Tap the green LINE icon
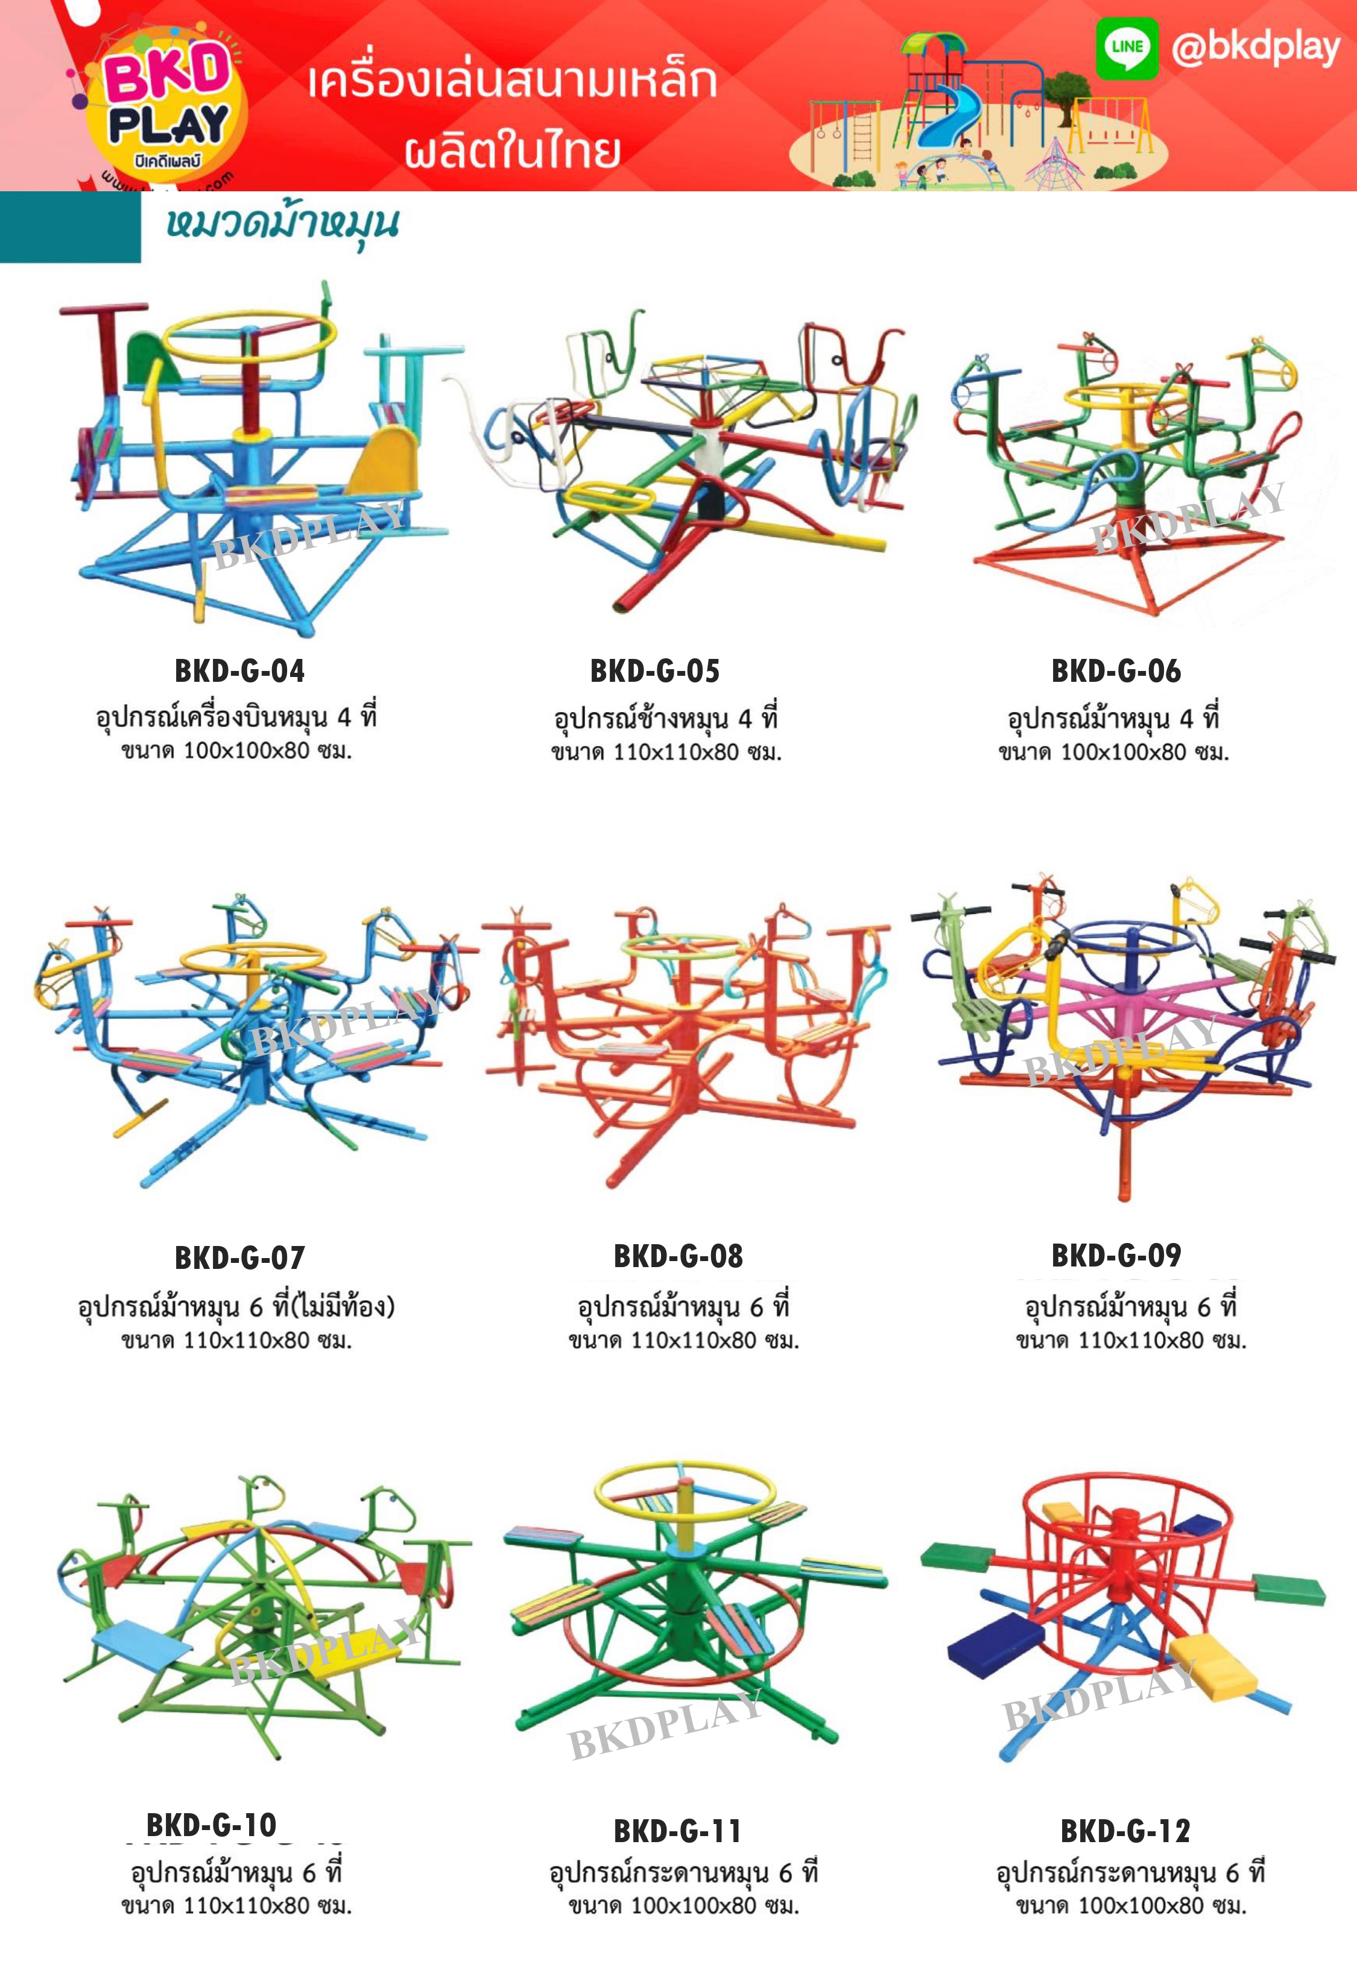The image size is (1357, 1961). click(x=1126, y=48)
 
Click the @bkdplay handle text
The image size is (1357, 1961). click(x=1255, y=48)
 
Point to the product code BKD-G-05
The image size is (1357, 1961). click(x=655, y=671)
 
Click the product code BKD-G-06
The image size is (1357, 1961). click(x=1116, y=671)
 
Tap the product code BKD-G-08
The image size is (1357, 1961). click(x=678, y=1256)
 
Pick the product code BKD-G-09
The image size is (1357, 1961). click(x=1116, y=1255)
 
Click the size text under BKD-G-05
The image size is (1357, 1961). click(x=666, y=752)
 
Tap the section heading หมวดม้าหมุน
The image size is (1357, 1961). click(x=282, y=224)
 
